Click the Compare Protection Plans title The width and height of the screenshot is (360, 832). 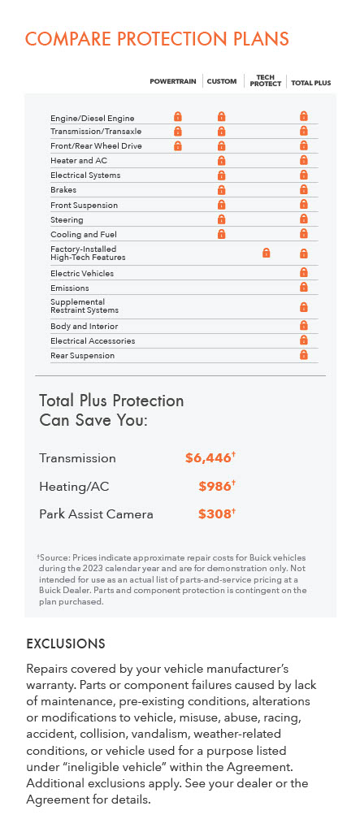157,39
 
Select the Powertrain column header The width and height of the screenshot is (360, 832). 174,82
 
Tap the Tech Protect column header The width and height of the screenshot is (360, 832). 266,80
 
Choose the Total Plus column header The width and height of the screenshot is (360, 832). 311,83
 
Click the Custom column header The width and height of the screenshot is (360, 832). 222,82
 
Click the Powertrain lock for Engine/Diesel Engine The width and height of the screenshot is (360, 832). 178,117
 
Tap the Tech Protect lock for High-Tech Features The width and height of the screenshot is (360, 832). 266,253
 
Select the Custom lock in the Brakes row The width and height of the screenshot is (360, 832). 221,190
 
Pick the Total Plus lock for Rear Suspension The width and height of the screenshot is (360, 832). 303,355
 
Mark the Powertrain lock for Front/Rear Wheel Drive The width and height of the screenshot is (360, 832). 178,146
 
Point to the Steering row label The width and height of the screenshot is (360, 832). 67,220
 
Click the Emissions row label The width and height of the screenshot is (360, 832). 70,288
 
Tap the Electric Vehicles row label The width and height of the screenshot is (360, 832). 82,274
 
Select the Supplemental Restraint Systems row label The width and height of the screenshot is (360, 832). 85,306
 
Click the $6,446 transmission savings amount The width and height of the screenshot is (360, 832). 209,458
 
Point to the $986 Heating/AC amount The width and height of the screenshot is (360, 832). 215,486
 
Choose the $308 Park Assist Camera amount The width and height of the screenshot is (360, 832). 215,514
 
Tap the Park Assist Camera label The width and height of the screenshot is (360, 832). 96,514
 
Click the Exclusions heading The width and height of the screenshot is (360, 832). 66,643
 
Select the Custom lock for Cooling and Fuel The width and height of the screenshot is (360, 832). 221,234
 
